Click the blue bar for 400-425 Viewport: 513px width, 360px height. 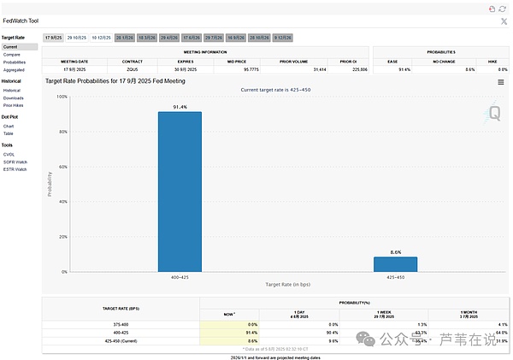coord(180,192)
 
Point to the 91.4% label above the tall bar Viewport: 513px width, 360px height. coord(180,107)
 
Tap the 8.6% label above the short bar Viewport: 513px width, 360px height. coord(395,252)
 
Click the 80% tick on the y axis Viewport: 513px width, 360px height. coord(62,132)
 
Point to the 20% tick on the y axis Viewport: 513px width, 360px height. coord(62,237)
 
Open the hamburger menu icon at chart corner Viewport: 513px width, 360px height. coord(501,82)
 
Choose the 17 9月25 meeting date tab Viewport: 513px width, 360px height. coord(53,38)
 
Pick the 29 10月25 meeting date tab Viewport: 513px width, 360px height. coord(77,38)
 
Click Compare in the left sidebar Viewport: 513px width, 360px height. coord(11,55)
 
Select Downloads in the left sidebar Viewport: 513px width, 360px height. coord(13,97)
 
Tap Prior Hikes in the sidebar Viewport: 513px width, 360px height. coord(14,104)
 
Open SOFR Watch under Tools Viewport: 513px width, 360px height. coord(15,162)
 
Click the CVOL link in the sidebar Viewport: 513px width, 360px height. coord(9,155)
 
